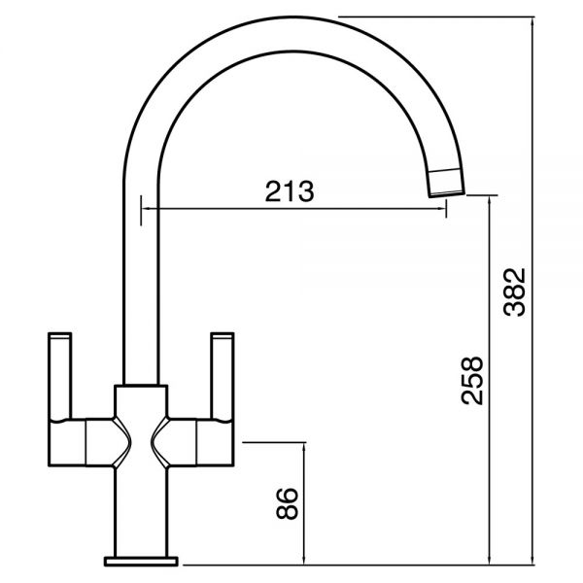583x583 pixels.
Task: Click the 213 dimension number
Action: (290, 191)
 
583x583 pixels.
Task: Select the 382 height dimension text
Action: (514, 292)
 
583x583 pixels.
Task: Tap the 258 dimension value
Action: (472, 380)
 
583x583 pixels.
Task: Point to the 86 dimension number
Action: (287, 503)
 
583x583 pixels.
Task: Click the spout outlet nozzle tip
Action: (447, 183)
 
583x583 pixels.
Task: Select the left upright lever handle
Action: (59, 376)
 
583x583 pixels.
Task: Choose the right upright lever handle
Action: (223, 375)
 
